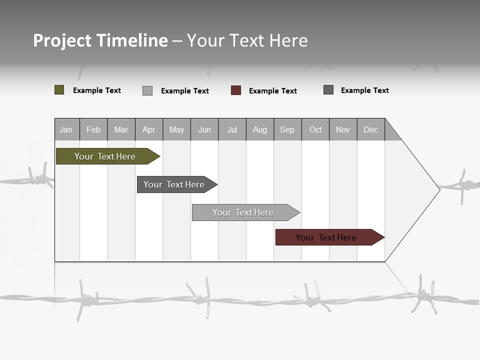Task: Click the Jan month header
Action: pos(66,129)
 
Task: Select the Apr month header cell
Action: pos(149,129)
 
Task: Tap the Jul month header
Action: pos(232,129)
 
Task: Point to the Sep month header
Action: pos(287,129)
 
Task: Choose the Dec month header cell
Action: pos(370,129)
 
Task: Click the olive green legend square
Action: pos(59,90)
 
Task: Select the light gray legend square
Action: pos(147,90)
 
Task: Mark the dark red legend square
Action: pos(236,90)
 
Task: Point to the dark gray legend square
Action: pos(328,90)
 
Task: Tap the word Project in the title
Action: pos(62,40)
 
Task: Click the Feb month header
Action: pos(93,129)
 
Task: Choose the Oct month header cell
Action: pos(315,129)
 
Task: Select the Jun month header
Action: pos(204,129)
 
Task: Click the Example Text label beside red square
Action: pos(273,91)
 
